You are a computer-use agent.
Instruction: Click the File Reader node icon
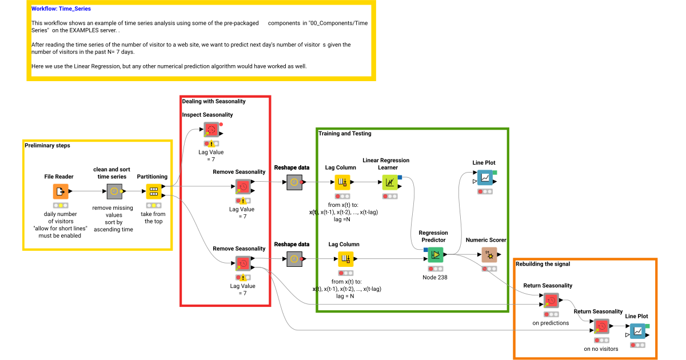tap(61, 191)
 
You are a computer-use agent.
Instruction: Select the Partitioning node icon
tap(154, 191)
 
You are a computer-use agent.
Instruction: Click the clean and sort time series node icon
tap(115, 191)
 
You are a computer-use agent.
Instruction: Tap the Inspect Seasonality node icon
tap(211, 129)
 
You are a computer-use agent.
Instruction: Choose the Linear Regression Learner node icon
tap(390, 182)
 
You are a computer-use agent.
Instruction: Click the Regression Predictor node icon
tap(436, 254)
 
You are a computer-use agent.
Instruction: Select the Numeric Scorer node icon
tap(489, 254)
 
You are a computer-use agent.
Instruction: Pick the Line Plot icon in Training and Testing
tap(485, 178)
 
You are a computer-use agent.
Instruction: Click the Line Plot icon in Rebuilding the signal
tap(637, 331)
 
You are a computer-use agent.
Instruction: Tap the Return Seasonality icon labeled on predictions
tap(551, 301)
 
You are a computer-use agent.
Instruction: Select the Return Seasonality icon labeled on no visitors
tap(601, 326)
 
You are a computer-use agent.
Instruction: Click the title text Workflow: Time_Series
tap(61, 9)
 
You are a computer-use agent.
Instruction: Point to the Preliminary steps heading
tap(47, 146)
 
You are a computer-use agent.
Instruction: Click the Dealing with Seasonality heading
tap(214, 101)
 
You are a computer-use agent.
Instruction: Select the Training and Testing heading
tap(345, 134)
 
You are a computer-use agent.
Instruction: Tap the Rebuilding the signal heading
tap(543, 264)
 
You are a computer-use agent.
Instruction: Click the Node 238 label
tap(434, 278)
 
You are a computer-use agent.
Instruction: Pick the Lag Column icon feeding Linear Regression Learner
tap(342, 182)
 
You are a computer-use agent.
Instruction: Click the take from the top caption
tap(153, 218)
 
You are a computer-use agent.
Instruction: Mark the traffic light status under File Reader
tap(61, 205)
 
